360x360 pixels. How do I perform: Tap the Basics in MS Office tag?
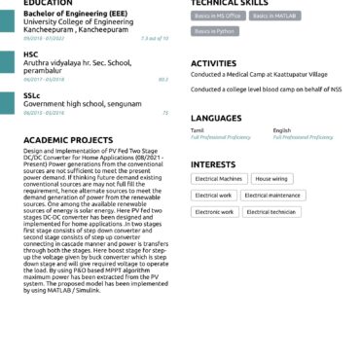click(x=217, y=17)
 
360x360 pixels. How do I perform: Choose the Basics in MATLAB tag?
click(x=275, y=17)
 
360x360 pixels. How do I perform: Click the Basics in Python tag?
click(x=215, y=32)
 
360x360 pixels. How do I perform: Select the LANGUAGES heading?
click(x=216, y=118)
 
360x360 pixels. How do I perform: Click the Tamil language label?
click(x=198, y=129)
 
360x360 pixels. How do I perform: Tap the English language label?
click(x=281, y=129)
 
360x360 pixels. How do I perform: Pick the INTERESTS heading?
click(x=213, y=164)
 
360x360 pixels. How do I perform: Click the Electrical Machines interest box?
click(x=219, y=179)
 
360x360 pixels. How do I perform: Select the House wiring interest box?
click(x=271, y=179)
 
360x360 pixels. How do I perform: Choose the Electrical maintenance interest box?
click(x=272, y=196)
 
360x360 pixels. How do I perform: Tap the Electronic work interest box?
click(x=214, y=211)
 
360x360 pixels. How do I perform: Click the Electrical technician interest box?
click(x=270, y=211)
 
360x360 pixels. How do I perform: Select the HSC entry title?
click(x=31, y=54)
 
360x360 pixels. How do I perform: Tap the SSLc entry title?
click(x=32, y=95)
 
